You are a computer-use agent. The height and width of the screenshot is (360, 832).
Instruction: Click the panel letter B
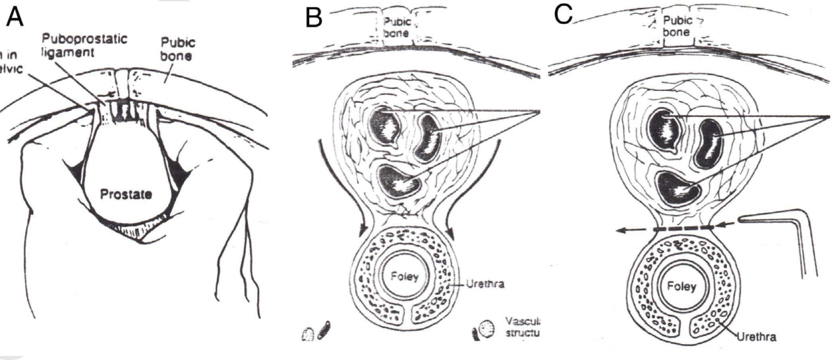(314, 18)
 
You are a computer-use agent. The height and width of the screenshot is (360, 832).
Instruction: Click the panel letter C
(563, 15)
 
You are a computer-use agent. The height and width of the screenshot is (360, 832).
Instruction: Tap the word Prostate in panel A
(126, 194)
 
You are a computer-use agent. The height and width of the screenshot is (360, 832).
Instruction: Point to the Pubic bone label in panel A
(178, 49)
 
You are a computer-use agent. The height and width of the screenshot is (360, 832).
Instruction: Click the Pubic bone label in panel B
(396, 28)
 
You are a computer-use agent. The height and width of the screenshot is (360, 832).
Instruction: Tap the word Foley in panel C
(682, 286)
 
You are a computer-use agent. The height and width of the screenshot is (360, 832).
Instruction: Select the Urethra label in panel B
(486, 284)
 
